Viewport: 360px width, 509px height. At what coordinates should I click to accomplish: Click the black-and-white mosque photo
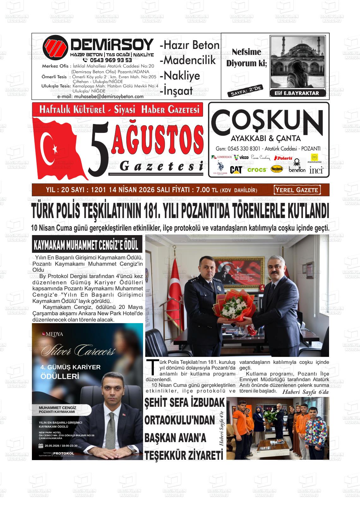297,63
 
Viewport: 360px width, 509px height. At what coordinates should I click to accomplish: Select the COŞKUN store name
265,121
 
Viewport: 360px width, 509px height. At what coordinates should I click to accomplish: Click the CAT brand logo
236,169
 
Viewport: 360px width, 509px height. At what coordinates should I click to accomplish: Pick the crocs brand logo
257,170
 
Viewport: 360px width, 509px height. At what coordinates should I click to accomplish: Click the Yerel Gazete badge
297,190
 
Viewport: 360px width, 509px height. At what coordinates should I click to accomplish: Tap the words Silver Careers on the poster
78,350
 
